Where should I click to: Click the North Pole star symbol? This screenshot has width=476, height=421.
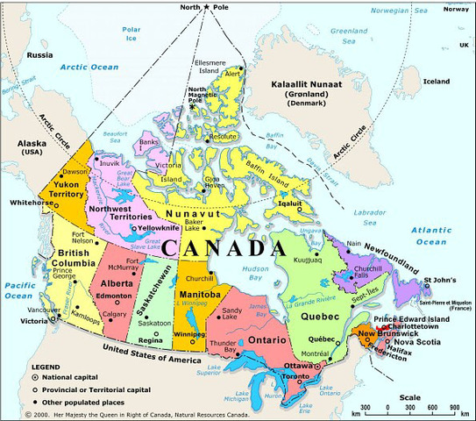tap(206, 8)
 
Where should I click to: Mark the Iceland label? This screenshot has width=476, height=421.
tap(436, 81)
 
